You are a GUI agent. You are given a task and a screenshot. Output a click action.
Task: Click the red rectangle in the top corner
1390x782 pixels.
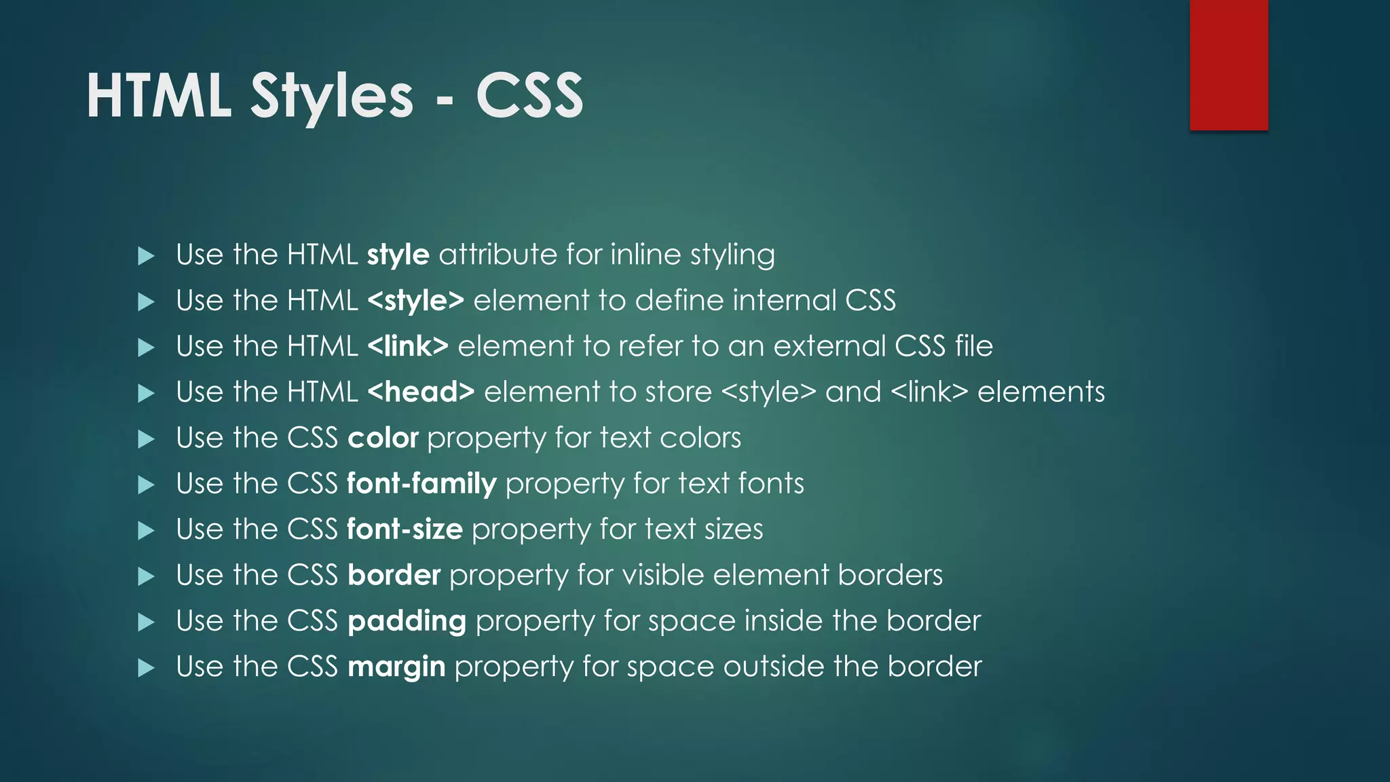pos(1228,65)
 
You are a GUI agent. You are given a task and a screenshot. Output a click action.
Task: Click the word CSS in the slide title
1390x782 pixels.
pos(529,96)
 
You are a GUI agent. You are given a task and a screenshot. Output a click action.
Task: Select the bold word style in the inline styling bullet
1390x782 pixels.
pos(398,255)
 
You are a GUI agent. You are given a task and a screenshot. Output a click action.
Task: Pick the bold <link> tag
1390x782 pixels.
pos(407,346)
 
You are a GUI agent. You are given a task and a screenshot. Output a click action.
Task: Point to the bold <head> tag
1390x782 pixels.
pos(421,392)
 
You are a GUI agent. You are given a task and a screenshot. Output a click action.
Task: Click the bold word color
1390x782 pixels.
pos(383,439)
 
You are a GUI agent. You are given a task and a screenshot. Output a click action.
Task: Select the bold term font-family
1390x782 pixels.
pos(421,484)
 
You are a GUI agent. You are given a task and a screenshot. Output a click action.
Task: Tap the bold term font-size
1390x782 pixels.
pos(405,529)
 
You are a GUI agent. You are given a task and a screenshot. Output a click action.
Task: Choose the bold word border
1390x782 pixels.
pos(394,576)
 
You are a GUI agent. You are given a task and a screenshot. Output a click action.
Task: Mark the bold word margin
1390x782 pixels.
pos(396,667)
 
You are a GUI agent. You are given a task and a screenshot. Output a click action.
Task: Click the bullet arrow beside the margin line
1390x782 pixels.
pos(146,668)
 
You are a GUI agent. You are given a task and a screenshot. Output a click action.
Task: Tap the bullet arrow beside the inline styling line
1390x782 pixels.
pos(146,256)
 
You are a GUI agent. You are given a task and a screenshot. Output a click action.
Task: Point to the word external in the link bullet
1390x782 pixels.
pos(829,346)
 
